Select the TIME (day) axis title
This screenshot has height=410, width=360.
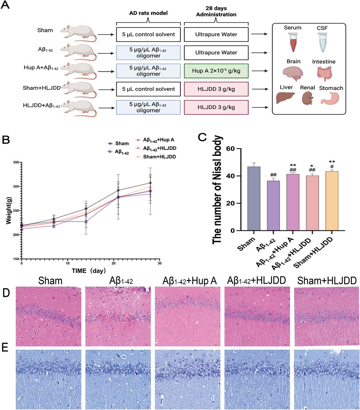coord(93,270)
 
